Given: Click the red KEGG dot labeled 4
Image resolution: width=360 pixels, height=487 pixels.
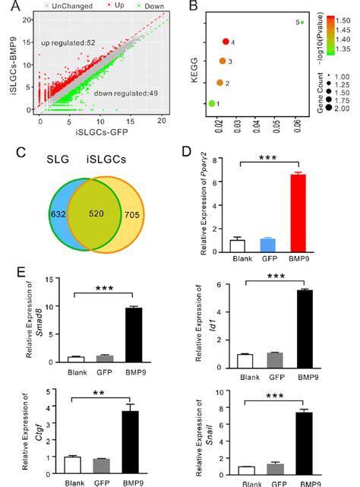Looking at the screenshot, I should click(x=226, y=43).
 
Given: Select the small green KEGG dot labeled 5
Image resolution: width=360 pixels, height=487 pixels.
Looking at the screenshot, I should click(x=302, y=22).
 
